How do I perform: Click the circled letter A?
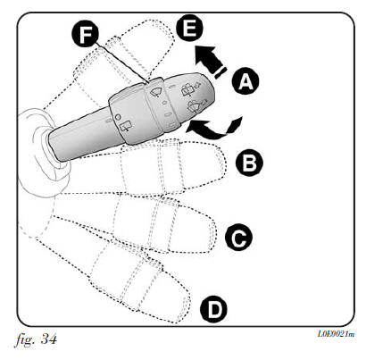(x=245, y=81)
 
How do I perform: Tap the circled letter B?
(x=249, y=163)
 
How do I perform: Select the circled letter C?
(x=238, y=238)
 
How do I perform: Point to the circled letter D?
(x=213, y=309)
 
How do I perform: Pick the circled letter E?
(x=189, y=29)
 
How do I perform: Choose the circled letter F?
(x=85, y=34)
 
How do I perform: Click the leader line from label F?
(x=123, y=63)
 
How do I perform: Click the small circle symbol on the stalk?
(x=117, y=116)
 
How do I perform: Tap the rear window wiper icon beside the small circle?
(x=125, y=126)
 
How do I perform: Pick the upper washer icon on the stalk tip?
(x=190, y=89)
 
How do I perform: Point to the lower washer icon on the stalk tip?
(x=195, y=106)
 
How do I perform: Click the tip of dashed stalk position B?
(x=226, y=164)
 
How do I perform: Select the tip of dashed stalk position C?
(x=216, y=235)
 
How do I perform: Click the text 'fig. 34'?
(x=36, y=339)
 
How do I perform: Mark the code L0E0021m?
(x=336, y=334)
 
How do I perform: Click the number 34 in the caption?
(x=48, y=339)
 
